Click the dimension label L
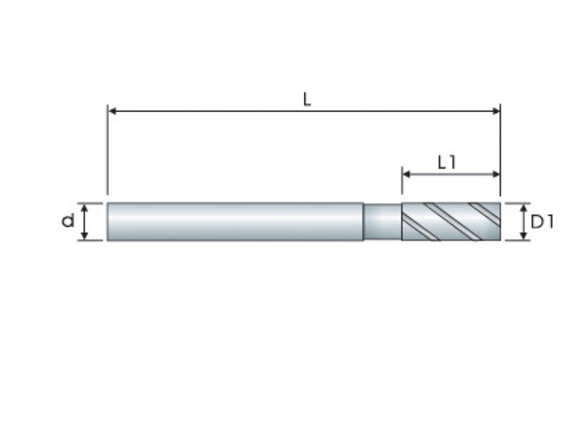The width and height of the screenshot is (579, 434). pyautogui.click(x=307, y=99)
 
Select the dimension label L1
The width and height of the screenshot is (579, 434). pyautogui.click(x=447, y=163)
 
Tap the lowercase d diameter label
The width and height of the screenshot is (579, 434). pyautogui.click(x=68, y=221)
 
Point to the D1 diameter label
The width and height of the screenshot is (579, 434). pyautogui.click(x=542, y=222)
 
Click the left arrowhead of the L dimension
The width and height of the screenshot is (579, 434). pyautogui.click(x=112, y=110)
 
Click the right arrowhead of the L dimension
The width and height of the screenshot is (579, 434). pyautogui.click(x=496, y=110)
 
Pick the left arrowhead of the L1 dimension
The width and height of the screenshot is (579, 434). pyautogui.click(x=406, y=174)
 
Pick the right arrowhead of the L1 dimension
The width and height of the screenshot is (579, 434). pyautogui.click(x=496, y=174)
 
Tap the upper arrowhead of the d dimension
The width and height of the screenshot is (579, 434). pyautogui.click(x=84, y=208)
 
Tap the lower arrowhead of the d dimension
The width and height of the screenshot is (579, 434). pyautogui.click(x=84, y=235)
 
